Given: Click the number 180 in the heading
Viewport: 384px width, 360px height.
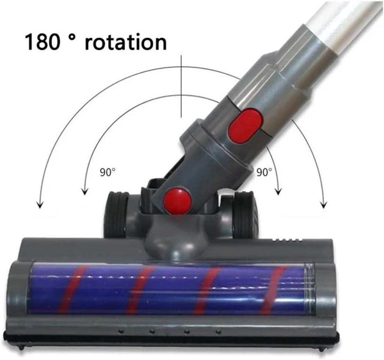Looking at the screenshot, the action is (x=43, y=42).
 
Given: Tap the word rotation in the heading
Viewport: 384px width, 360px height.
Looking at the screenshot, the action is (x=126, y=42).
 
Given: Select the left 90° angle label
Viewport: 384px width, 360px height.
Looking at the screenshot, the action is (x=107, y=172).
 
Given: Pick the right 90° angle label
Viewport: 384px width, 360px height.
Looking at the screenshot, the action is (x=264, y=172).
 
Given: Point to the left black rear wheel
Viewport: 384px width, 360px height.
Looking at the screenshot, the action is (x=116, y=214).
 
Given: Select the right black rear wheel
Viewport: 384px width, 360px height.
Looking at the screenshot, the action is (x=246, y=214).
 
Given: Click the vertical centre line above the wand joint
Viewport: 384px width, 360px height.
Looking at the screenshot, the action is (x=181, y=87).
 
